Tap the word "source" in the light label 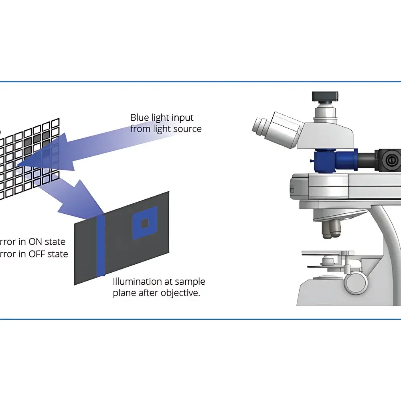(x=188, y=129)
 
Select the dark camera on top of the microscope (x=325, y=97)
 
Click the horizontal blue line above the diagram (x=200, y=82)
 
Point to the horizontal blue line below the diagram (x=200, y=319)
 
